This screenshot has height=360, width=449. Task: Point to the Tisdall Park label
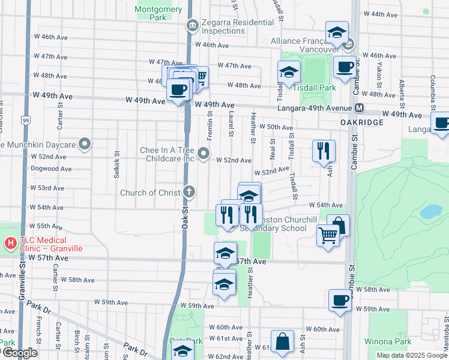(x=316, y=88)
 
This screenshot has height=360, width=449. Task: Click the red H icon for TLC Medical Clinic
(x=10, y=243)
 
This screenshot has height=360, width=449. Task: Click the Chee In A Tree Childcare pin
(x=204, y=155)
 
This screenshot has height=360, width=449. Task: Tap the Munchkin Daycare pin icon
(x=85, y=145)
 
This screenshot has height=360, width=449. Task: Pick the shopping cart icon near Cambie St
(x=328, y=235)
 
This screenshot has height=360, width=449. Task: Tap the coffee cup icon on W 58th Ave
(x=340, y=299)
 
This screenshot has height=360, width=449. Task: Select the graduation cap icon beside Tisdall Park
(x=289, y=72)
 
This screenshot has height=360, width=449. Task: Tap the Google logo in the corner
(x=19, y=353)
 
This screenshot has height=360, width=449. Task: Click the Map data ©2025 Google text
(x=411, y=355)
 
